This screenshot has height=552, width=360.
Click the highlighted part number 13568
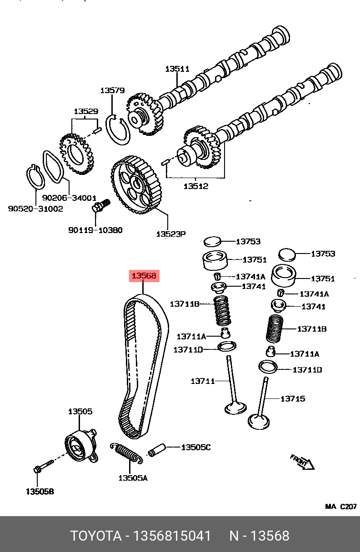point(144,275)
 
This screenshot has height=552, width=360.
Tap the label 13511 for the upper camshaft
point(177,69)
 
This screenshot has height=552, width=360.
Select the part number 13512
point(196,186)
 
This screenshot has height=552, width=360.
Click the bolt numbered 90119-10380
point(99,207)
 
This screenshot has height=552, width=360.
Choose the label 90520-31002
point(35,209)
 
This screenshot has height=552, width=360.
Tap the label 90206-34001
point(69,198)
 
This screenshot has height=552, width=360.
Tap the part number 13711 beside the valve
point(203,381)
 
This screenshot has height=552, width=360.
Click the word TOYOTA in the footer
point(95,536)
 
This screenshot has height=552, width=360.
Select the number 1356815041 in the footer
point(171,536)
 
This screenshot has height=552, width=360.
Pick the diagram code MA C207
point(340,506)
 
